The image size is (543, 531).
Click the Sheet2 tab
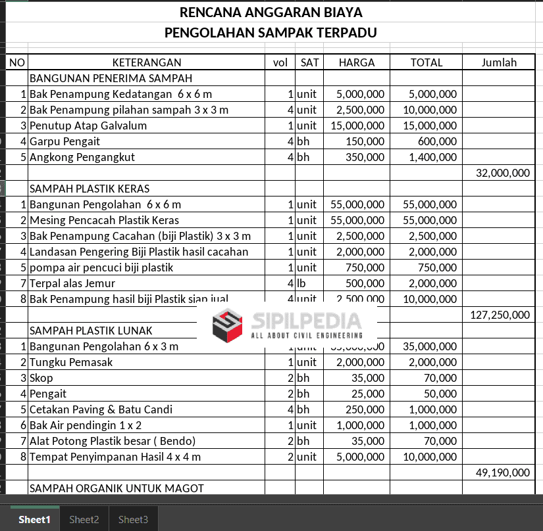[84, 520]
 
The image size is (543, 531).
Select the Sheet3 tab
[133, 520]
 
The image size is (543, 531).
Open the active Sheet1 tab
[34, 520]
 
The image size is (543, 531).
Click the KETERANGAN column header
[147, 62]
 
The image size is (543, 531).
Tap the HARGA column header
[357, 62]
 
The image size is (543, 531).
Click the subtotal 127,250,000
[500, 315]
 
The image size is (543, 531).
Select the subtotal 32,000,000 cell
[502, 173]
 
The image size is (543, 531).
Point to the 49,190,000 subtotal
[502, 473]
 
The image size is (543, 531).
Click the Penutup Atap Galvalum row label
[88, 126]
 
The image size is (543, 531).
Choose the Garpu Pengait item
[65, 141]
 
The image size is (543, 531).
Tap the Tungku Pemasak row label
[71, 362]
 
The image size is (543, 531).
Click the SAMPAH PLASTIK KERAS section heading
[90, 189]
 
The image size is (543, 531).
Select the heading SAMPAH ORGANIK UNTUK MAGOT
[116, 488]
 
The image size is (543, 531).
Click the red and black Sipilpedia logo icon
[227, 325]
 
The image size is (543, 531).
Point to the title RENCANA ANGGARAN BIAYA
[271, 12]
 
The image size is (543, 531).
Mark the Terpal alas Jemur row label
[72, 283]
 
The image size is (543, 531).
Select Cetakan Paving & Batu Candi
[101, 409]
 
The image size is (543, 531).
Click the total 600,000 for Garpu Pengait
[437, 141]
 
